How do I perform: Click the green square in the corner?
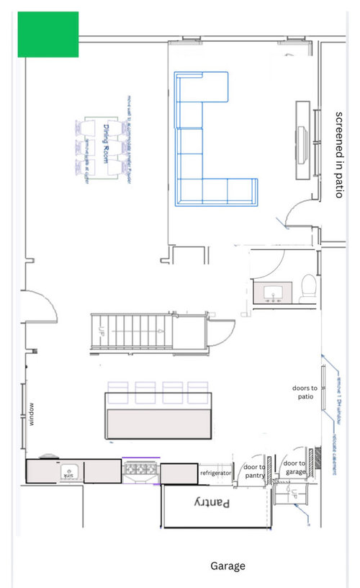tap(48, 34)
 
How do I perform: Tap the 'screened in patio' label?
tap(339, 154)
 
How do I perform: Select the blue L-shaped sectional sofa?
tap(205, 144)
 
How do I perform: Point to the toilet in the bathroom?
tap(307, 286)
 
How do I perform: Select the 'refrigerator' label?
tap(215, 473)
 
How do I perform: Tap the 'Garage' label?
tap(228, 566)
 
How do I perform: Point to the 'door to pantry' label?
tap(253, 471)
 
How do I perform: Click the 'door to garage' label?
tap(294, 468)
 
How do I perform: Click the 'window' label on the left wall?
tap(32, 414)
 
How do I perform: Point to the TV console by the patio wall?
tap(303, 141)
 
